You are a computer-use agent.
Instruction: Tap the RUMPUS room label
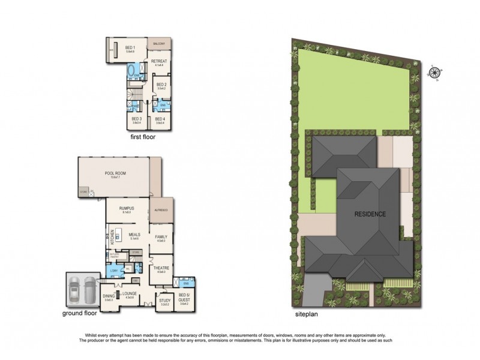pyautogui.click(x=127, y=208)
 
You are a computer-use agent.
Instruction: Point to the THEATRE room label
pyautogui.click(x=160, y=268)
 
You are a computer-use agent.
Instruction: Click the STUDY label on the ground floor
pyautogui.click(x=165, y=302)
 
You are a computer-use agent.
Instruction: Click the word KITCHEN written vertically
pyautogui.click(x=110, y=237)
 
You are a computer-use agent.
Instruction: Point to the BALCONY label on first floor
pyautogui.click(x=160, y=44)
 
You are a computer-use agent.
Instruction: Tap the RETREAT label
pyautogui.click(x=158, y=62)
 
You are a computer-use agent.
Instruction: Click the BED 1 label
pyautogui.click(x=130, y=48)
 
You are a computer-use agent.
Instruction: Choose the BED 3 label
pyautogui.click(x=136, y=118)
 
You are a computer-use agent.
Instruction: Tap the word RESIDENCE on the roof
pyautogui.click(x=369, y=214)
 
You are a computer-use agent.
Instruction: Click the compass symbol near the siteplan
pyautogui.click(x=434, y=73)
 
